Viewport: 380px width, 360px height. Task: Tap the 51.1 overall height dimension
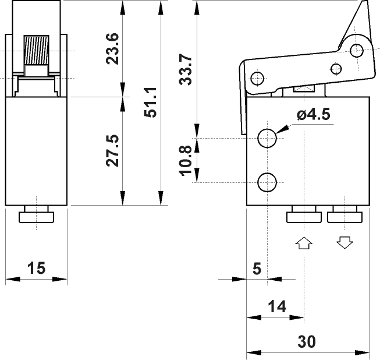[x=150, y=103]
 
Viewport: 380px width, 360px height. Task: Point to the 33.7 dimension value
[x=186, y=69]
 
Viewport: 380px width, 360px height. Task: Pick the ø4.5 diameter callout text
[x=313, y=115]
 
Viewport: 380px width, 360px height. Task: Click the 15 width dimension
[x=36, y=268]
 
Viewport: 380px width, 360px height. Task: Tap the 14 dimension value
[x=277, y=306]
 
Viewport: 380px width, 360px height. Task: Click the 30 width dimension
[x=307, y=341]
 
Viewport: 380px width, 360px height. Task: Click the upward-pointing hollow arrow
[x=304, y=242]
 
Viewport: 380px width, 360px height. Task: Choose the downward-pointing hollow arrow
[x=345, y=242]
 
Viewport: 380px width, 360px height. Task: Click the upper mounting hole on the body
[x=268, y=138]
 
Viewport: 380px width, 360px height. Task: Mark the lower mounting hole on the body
[x=268, y=182]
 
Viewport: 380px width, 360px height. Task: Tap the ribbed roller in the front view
[x=37, y=51]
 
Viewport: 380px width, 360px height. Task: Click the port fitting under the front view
[x=37, y=217]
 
